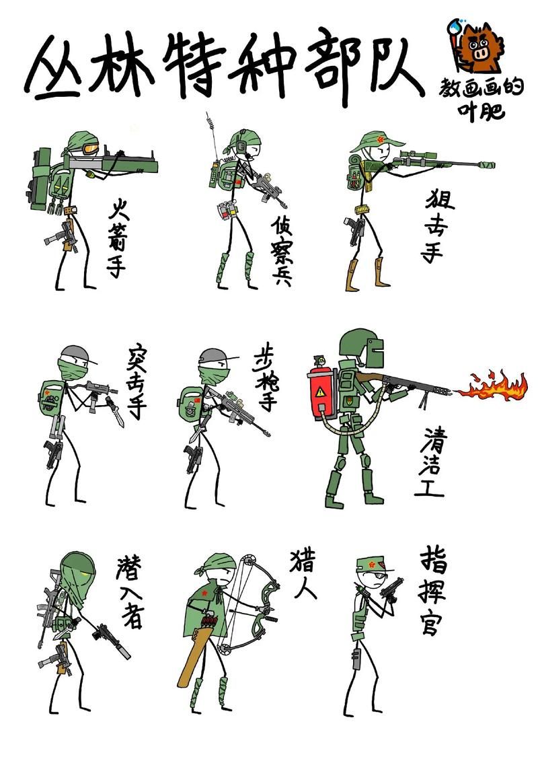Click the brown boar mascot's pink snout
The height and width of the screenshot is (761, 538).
pyautogui.click(x=481, y=52)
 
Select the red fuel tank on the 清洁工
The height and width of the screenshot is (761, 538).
pyautogui.click(x=321, y=392)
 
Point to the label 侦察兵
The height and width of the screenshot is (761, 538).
pyautogui.click(x=282, y=250)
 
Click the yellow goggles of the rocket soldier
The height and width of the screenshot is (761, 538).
pyautogui.click(x=90, y=149)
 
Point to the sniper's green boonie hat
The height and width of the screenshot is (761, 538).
pyautogui.click(x=376, y=140)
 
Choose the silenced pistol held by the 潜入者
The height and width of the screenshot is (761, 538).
pyautogui.click(x=112, y=639)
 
